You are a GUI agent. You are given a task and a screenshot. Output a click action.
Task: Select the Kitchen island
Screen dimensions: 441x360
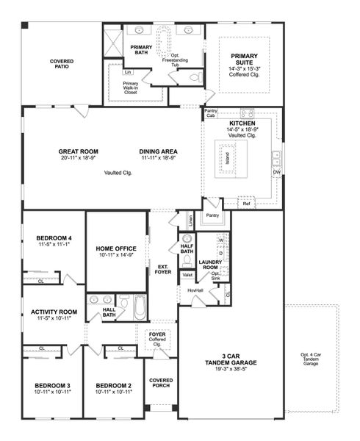(228, 159)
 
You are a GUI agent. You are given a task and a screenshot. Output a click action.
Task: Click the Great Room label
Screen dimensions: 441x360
(79, 152)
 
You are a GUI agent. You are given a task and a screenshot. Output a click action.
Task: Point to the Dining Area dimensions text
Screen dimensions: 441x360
(159, 158)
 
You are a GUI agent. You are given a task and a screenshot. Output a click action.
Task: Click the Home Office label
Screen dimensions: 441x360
(116, 248)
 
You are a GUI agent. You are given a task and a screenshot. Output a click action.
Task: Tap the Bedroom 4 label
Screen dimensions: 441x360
(54, 238)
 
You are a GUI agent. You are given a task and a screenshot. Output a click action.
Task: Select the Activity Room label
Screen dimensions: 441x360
(54, 312)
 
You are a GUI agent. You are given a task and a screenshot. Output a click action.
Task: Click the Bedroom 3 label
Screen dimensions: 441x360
(52, 386)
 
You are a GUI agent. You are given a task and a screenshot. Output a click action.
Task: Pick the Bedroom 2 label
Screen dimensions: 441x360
(114, 386)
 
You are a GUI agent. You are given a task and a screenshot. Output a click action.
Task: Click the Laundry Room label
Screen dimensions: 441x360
(211, 262)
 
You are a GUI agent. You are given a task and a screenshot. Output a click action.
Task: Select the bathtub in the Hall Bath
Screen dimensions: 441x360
(140, 308)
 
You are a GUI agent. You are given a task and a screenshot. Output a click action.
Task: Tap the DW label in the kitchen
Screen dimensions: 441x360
(277, 173)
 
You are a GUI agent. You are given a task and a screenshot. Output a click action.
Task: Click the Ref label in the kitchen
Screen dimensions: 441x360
(245, 203)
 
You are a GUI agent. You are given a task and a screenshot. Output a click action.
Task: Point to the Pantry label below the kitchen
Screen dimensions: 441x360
(213, 216)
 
